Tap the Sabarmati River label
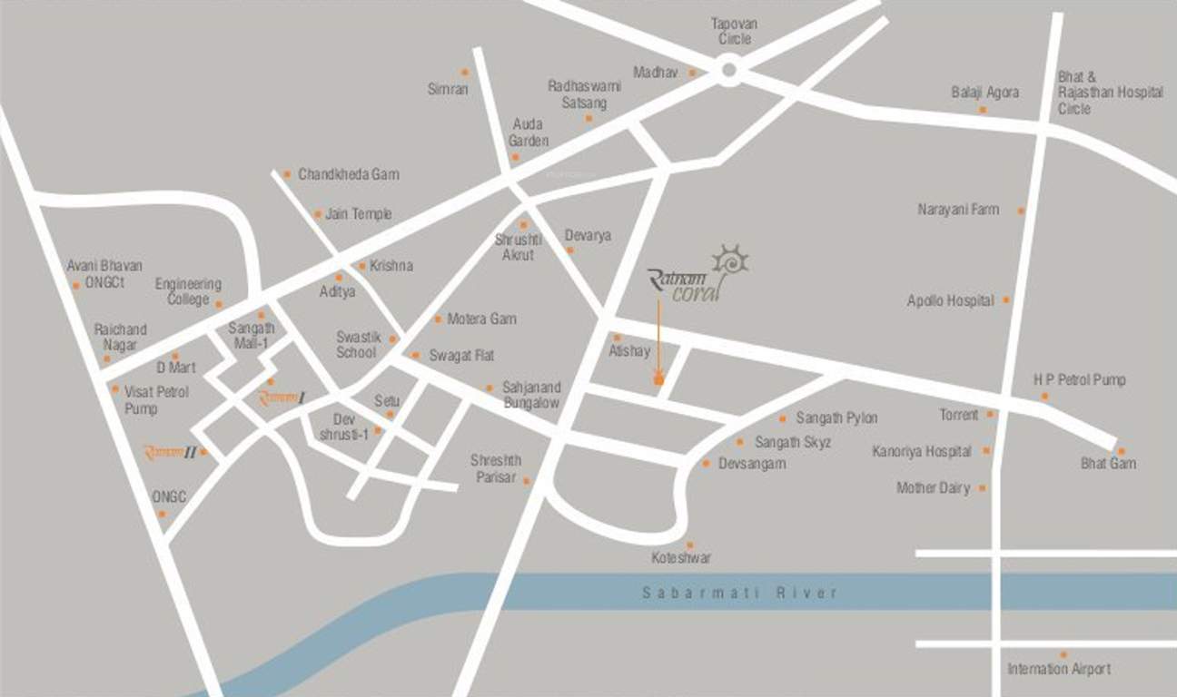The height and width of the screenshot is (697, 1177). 739,593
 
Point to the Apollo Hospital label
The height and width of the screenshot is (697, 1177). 950,300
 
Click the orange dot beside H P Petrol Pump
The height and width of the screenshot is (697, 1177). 1044,397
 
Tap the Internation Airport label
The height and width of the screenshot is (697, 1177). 1059,669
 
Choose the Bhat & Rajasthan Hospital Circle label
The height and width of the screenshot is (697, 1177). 1110,93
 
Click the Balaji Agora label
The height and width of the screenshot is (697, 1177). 984,93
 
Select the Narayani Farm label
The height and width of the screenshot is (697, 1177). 958,210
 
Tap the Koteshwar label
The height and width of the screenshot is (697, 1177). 681,558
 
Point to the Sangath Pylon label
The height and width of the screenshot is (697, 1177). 836,418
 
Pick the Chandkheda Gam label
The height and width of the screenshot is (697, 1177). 348,174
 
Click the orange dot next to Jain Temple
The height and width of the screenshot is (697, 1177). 318,215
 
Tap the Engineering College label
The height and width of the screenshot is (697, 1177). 188,292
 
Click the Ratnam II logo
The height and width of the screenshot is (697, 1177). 170,452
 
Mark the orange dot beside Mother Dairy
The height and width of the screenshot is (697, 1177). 983,488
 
